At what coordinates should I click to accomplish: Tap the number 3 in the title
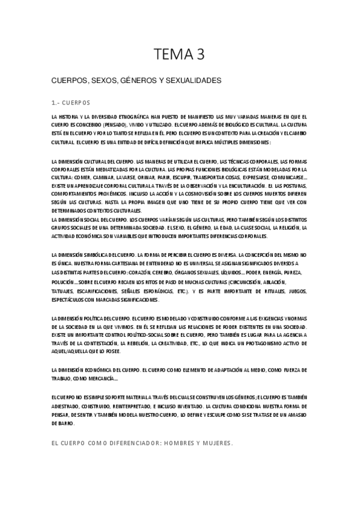click(x=201, y=55)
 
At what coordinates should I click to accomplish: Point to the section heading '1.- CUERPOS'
click(x=71, y=103)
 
